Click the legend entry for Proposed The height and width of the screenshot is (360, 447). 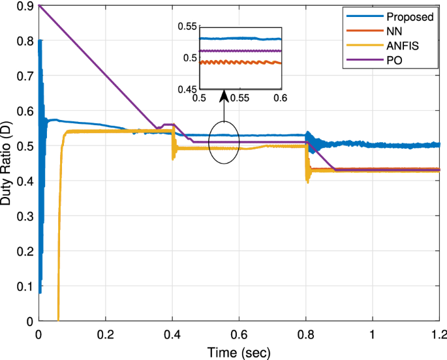(x=410, y=17)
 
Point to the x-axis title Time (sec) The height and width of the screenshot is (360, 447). (x=239, y=352)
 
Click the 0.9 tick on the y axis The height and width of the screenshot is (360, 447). (x=26, y=7)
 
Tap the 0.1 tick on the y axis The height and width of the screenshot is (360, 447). (x=26, y=286)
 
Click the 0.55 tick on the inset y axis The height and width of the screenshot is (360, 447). (x=187, y=27)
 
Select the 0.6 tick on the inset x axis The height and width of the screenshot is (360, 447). (x=281, y=98)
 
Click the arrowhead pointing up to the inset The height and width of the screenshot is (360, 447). (x=223, y=97)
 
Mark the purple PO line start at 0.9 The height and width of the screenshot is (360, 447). (x=40, y=6)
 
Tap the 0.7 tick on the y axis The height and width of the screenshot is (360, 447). (x=26, y=76)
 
